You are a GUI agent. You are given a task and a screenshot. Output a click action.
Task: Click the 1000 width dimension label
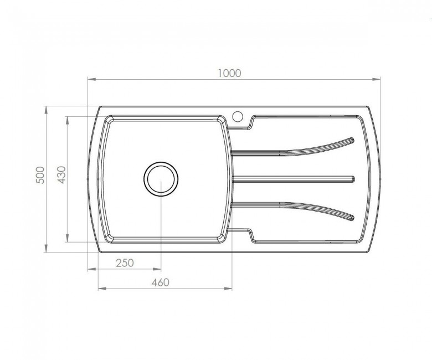229,73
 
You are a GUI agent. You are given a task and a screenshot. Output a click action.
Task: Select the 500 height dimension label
40,175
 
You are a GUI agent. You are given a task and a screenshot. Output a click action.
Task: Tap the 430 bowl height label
61,175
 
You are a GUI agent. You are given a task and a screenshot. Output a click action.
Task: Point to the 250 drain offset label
125,263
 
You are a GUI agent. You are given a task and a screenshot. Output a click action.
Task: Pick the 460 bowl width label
161,282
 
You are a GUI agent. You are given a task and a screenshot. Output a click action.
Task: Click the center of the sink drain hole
161,179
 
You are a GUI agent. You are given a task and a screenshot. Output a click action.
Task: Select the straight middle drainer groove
294,179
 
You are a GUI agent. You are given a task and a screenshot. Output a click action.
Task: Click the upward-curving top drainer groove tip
352,141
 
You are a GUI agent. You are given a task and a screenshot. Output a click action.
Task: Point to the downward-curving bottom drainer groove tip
352,218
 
